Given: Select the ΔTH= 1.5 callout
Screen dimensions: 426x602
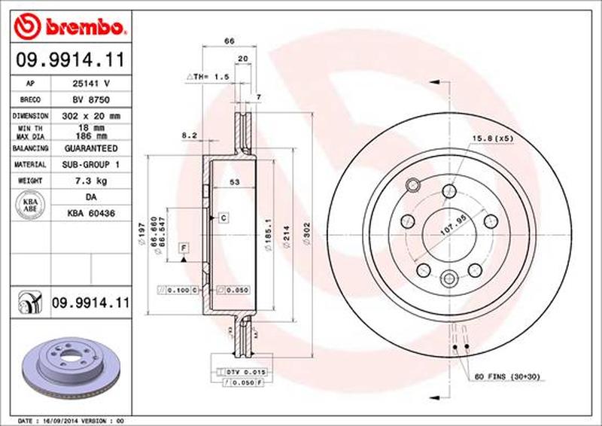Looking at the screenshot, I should click(207, 78).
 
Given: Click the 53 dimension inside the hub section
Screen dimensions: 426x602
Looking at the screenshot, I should click(234, 181).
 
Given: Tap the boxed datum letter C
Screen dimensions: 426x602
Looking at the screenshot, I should click(223, 218).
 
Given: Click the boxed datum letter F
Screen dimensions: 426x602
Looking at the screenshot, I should click(183, 247).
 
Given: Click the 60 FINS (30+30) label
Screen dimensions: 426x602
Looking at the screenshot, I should click(509, 376).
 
